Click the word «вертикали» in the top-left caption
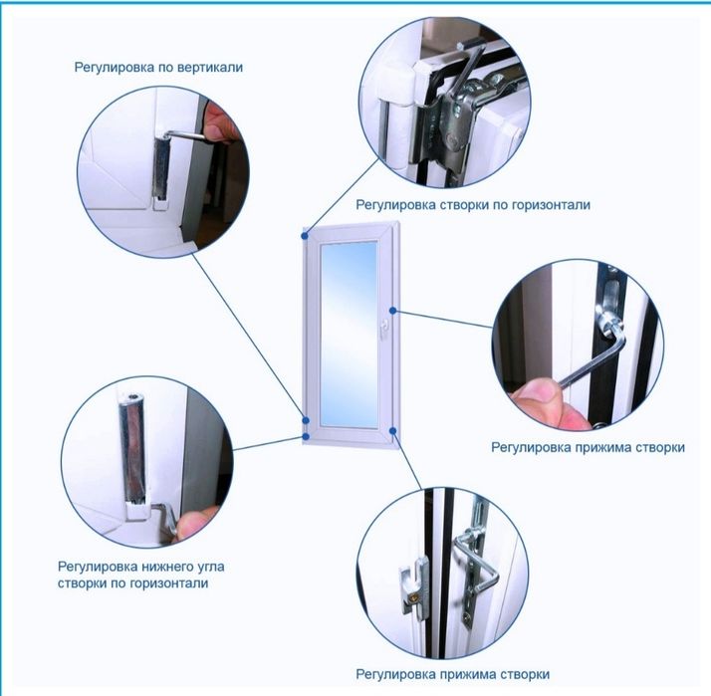(x=210, y=67)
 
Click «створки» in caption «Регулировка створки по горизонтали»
(x=464, y=205)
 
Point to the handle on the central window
(x=384, y=329)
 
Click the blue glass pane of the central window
(x=349, y=335)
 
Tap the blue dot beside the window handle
(x=393, y=311)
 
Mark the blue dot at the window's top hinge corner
(x=305, y=236)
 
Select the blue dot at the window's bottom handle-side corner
(x=392, y=430)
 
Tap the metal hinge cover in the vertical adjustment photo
(x=161, y=170)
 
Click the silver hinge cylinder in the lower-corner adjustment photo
(x=132, y=448)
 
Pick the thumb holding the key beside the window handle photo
(x=535, y=393)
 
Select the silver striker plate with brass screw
(x=413, y=584)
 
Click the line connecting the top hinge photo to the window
(x=342, y=197)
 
